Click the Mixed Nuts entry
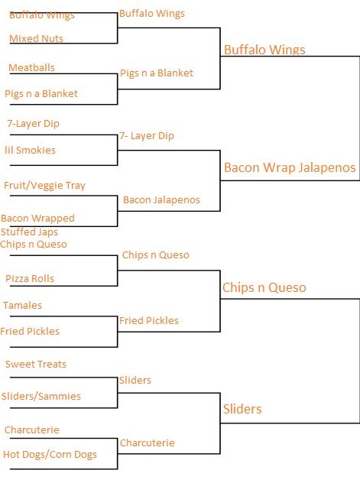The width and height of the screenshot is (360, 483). (x=36, y=38)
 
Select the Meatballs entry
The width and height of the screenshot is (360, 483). (x=31, y=67)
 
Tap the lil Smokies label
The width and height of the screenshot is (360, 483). (x=30, y=150)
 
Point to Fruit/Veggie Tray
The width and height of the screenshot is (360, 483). (x=44, y=186)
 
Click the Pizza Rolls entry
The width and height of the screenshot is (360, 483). (x=30, y=278)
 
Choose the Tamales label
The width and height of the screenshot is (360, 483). (x=22, y=305)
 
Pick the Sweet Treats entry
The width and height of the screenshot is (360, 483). (x=36, y=364)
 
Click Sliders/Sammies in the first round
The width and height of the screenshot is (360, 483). (x=41, y=396)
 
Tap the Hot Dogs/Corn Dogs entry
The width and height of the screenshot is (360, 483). (x=50, y=455)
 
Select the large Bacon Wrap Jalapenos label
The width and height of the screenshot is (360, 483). (x=290, y=168)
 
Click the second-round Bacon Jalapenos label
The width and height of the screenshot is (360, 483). (x=162, y=200)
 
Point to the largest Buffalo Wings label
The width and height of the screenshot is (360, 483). (x=264, y=50)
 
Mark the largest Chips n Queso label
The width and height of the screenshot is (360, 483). (x=264, y=287)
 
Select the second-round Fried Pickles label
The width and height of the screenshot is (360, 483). (x=149, y=321)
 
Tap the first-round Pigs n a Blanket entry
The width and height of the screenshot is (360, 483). (x=41, y=94)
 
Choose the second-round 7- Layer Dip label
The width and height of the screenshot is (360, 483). (x=147, y=136)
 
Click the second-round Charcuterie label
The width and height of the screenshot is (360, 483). (x=148, y=443)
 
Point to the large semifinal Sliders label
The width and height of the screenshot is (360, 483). (x=242, y=409)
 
